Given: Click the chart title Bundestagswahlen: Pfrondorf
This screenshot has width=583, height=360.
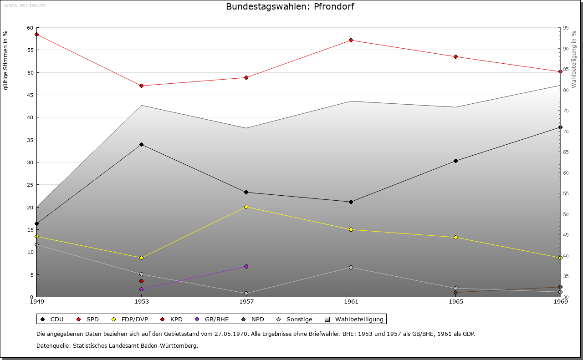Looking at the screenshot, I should coord(290,6).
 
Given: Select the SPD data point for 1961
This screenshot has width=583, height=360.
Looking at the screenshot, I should coord(351,40).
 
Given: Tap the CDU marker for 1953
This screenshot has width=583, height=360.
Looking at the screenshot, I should coord(141,144).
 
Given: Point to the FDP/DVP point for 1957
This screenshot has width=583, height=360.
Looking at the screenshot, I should coord(246,207).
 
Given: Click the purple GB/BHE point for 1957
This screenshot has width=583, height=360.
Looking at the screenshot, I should coord(246,266).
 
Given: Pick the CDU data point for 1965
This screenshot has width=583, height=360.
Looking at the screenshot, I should coord(455,161).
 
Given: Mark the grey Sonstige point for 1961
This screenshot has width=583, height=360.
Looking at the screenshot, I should coord(351,267).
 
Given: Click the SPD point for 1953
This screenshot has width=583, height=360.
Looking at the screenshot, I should coord(141,86).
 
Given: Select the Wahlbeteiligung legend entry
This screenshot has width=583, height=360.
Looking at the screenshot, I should coord(355,319).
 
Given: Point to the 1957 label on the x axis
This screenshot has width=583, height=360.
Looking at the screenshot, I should coord(246,301).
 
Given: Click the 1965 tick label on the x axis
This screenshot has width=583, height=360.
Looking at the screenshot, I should coord(455,301).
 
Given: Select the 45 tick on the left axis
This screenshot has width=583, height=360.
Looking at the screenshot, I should coord(31,95).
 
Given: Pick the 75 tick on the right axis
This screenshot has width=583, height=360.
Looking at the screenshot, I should coord(566,111).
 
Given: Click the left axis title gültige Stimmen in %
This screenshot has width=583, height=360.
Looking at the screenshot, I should coord(5,60).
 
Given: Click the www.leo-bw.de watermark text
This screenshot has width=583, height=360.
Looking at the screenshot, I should coord(25,5).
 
